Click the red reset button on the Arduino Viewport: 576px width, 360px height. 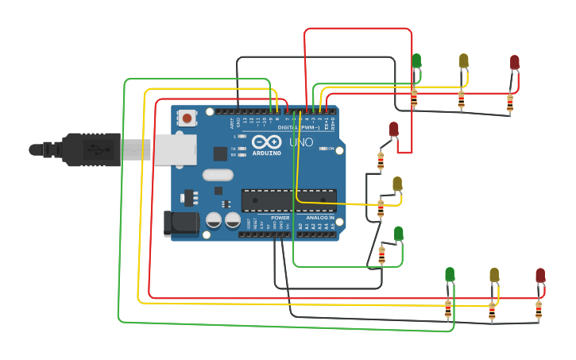coord(187,118)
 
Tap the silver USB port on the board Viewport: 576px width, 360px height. coord(176,149)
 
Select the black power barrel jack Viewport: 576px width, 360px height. coord(180,223)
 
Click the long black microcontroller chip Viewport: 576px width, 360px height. coord(288,200)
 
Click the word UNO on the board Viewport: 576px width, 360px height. coord(300,142)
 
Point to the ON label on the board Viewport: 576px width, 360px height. coord(330,148)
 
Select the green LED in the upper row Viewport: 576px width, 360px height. coord(416,60)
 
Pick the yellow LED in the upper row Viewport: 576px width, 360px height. coord(464,60)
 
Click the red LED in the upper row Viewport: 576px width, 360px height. coord(514,61)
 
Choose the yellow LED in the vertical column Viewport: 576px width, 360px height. coord(397,184)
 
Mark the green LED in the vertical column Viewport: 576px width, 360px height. coord(398,232)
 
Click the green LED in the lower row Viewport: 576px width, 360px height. coord(450,274)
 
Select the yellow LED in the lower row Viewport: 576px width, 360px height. coord(494,274)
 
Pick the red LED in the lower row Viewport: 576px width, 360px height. coord(540,275)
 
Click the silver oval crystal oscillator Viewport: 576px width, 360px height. coord(218,175)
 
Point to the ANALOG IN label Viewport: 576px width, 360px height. coord(320,217)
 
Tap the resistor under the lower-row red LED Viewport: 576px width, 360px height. coord(539,310)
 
